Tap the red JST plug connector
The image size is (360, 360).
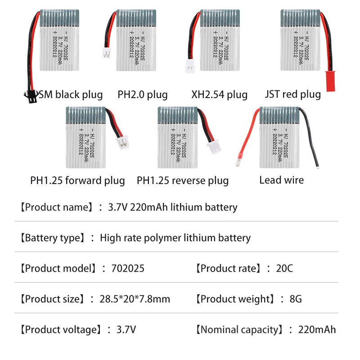click(329, 79)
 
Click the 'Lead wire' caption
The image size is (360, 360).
click(281, 180)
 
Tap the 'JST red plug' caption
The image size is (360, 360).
click(293, 94)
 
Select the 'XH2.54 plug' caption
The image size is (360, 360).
click(219, 94)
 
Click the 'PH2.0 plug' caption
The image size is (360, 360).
click(143, 94)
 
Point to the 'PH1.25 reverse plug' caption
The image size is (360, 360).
click(183, 181)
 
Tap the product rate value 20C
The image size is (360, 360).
click(284, 269)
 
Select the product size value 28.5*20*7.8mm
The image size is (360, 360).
click(135, 299)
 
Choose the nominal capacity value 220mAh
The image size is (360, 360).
click(317, 330)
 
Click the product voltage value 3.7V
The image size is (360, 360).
click(126, 330)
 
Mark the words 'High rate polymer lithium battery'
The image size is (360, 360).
click(175, 238)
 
